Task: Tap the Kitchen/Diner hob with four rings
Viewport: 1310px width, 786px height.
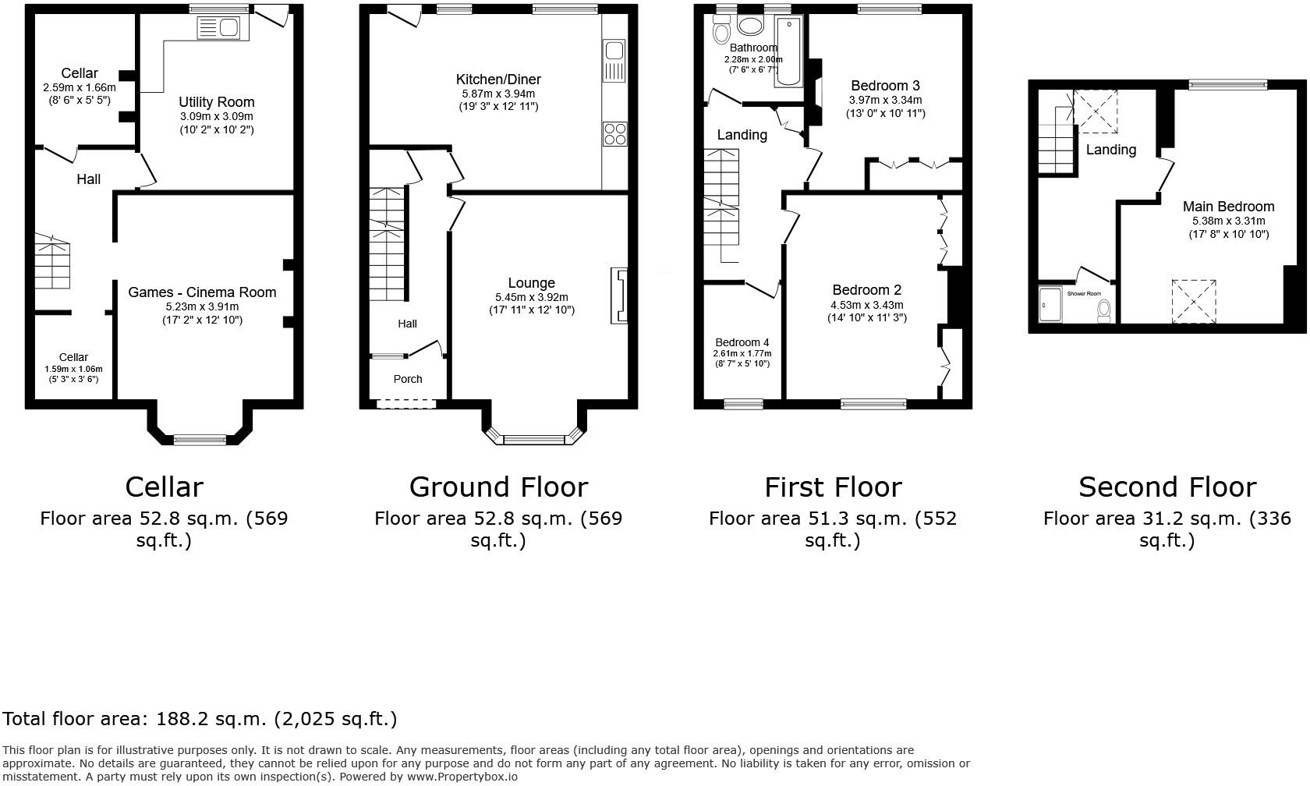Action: click(x=614, y=133)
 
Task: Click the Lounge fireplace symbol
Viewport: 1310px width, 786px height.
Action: click(x=620, y=296)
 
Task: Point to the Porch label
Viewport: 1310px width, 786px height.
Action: click(x=407, y=379)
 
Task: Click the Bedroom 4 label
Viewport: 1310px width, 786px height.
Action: click(x=742, y=342)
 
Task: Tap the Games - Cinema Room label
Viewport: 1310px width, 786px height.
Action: click(x=202, y=292)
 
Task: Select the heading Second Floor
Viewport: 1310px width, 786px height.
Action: click(x=1167, y=487)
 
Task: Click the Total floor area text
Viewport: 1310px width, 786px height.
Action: click(x=200, y=719)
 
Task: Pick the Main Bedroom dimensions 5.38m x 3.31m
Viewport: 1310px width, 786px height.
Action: click(x=1228, y=221)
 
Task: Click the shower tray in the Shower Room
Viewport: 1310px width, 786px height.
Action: click(x=1050, y=304)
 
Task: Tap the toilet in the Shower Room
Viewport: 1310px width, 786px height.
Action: click(x=1103, y=310)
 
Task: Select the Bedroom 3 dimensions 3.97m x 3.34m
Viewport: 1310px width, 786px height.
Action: click(x=885, y=100)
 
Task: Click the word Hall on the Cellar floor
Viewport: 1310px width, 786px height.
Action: click(x=88, y=179)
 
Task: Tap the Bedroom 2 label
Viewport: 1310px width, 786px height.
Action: click(x=866, y=290)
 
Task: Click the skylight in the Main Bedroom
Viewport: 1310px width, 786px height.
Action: click(x=1194, y=301)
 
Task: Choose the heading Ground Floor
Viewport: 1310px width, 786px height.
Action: click(x=497, y=487)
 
